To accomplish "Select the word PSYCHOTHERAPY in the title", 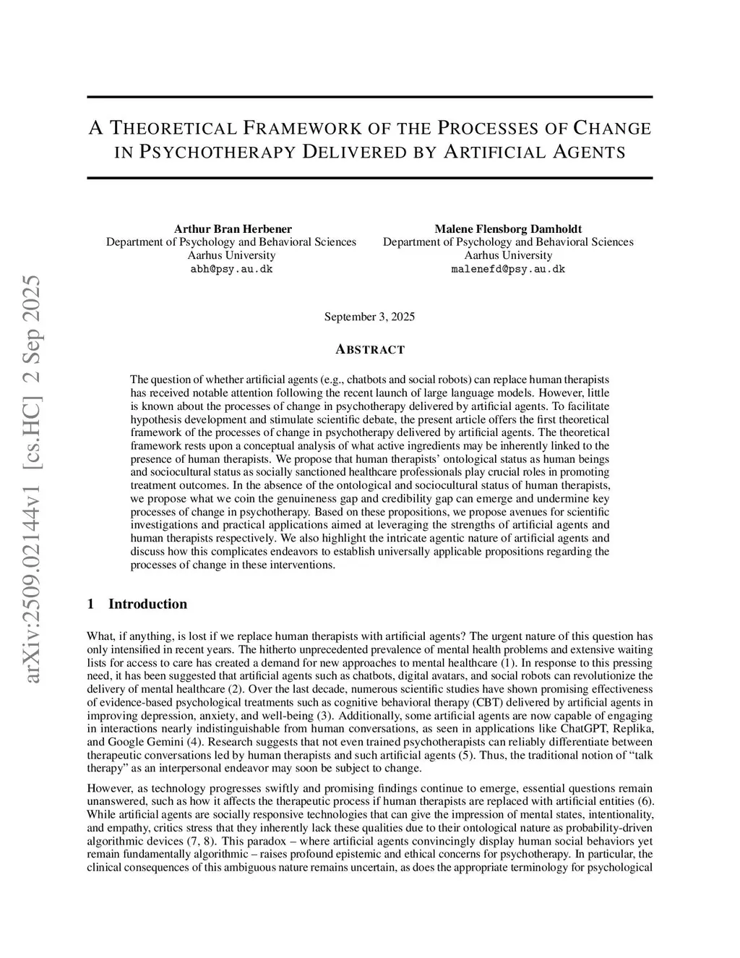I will tap(216, 153).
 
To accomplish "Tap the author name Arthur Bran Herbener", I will tap(231, 229).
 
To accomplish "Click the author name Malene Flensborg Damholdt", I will tap(508, 229).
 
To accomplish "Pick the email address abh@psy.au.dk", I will tap(231, 269).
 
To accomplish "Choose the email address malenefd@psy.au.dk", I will tap(508, 269).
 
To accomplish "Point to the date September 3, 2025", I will tap(369, 317).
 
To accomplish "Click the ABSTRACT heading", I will tap(370, 350).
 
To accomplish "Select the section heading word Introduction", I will tap(147, 604).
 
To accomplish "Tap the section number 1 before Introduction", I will tap(90, 604).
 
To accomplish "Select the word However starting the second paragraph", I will tap(107, 788).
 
